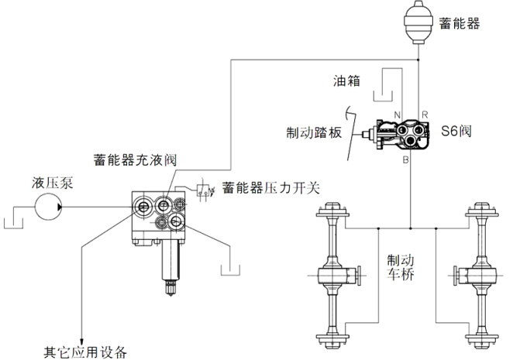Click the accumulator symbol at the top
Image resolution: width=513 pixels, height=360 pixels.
pos(418,22)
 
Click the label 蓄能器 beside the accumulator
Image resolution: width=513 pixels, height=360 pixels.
pos(460,23)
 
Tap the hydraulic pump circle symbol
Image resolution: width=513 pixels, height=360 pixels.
pos(48,207)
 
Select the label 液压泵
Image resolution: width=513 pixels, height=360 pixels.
pos(53,183)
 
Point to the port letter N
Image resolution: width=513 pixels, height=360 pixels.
pos(397,115)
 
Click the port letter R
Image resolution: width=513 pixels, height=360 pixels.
pos(425,115)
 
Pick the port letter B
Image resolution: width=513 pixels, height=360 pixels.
pos(406,160)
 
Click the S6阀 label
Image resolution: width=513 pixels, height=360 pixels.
pos(456,131)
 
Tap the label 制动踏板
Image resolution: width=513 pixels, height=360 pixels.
pos(314,132)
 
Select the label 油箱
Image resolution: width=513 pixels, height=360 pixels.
pos(347,81)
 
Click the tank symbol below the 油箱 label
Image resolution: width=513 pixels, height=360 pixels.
pos(383,96)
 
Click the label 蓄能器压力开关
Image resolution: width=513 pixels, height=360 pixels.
pos(271,188)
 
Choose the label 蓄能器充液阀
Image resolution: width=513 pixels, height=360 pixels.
pos(135,160)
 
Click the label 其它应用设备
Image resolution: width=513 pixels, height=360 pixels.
pos(85,352)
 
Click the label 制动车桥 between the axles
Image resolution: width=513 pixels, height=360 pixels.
pos(401,267)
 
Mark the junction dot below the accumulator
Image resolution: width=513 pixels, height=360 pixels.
pos(418,60)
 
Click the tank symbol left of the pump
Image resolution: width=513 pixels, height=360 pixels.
pos(13,223)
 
